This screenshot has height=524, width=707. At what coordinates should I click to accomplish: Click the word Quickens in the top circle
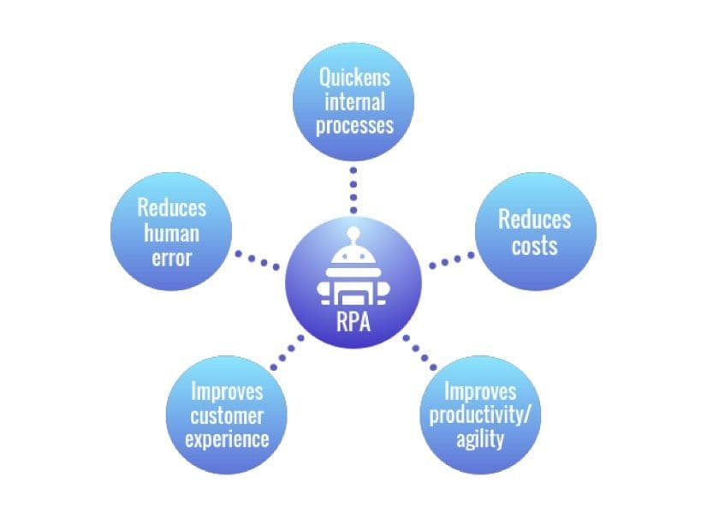click(x=354, y=77)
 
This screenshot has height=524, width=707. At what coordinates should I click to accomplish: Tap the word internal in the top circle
click(x=354, y=101)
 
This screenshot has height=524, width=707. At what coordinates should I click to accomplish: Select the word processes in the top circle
click(x=354, y=125)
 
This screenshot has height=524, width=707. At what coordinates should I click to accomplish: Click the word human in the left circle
click(x=171, y=233)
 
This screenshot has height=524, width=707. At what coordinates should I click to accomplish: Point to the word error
click(x=171, y=256)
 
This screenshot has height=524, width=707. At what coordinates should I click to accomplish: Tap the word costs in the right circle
click(x=534, y=246)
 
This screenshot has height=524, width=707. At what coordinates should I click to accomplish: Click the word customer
click(x=227, y=417)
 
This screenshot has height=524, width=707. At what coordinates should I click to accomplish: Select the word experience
click(x=227, y=440)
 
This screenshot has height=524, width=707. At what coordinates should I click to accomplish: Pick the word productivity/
click(x=479, y=417)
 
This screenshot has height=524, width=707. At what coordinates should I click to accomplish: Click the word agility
click(x=479, y=440)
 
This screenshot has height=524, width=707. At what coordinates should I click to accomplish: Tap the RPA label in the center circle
click(x=353, y=324)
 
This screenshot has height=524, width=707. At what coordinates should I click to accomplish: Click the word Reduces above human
click(x=171, y=209)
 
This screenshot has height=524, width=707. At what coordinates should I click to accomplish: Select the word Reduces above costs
click(x=534, y=220)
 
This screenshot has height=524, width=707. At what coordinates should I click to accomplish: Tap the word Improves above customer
click(x=227, y=393)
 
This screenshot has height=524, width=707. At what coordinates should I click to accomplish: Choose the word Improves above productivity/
click(x=479, y=393)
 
